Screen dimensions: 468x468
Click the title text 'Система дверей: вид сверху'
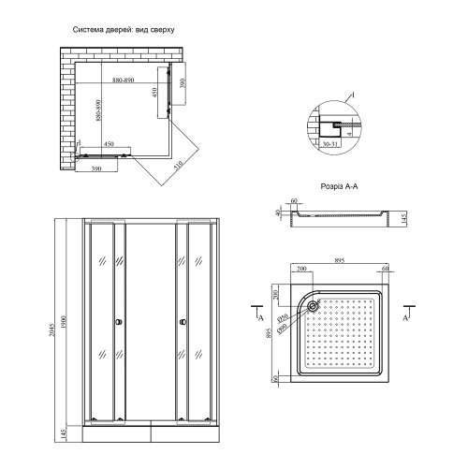pyautogui.click(x=124, y=30)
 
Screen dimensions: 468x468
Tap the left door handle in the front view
pyautogui.click(x=117, y=324)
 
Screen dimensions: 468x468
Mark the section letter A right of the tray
pyautogui.click(x=404, y=318)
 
